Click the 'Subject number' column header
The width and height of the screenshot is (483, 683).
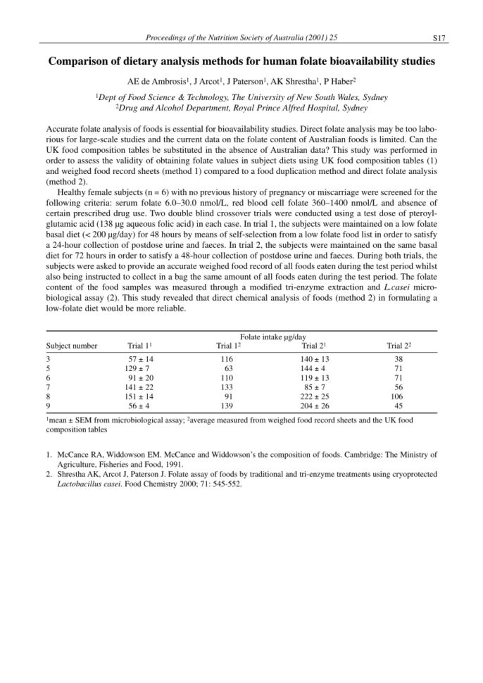72,346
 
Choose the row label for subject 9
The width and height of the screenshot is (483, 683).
48,406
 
